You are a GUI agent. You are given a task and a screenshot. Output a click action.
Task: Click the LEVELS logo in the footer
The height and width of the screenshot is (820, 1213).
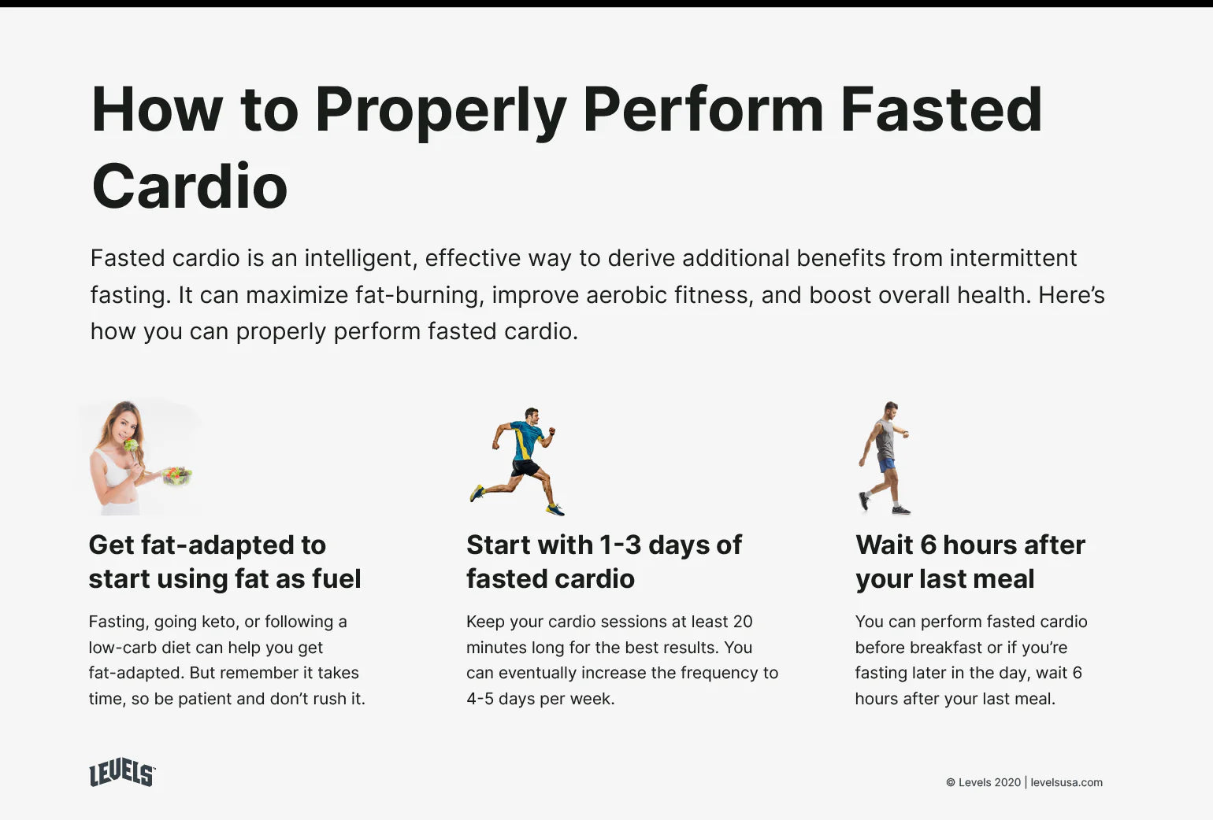pos(122,772)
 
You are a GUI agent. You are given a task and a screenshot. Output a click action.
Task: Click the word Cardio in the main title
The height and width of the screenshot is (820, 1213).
pos(190,186)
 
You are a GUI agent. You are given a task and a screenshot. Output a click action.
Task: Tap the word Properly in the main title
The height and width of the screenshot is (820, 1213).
pos(441,112)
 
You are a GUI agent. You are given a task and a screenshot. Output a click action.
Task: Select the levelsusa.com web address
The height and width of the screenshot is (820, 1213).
pos(1066,782)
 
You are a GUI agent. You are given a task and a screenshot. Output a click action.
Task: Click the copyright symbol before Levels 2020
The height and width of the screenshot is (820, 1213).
pos(951,783)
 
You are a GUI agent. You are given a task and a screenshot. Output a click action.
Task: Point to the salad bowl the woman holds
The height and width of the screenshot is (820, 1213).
pos(177,475)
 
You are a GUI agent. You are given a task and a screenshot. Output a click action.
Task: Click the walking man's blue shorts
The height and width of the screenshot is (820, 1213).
pos(886,464)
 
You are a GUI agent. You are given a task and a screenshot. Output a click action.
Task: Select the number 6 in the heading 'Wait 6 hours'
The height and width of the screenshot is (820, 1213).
pos(928,545)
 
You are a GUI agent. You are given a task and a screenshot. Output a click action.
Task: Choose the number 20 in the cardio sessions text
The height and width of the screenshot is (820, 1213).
pos(743,622)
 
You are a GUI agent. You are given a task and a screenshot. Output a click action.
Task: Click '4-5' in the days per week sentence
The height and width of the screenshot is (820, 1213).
pos(479,699)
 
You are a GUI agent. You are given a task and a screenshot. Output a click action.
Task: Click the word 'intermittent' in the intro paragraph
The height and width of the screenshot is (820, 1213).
pos(1013,258)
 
